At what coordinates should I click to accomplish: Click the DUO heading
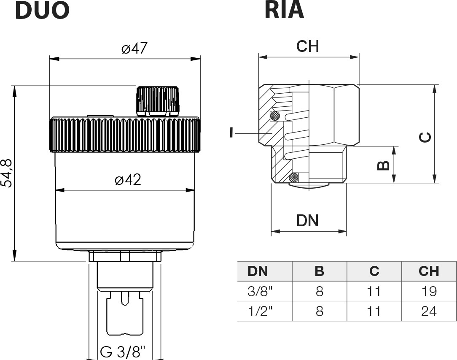coord(42,11)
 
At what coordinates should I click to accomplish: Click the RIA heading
coord(285,11)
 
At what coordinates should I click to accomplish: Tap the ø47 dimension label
coord(134,48)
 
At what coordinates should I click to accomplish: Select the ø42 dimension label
coord(128,179)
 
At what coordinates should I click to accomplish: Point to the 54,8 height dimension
coord(6,173)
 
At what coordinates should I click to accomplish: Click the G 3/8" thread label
coord(122,352)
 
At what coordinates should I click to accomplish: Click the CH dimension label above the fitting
coord(307,46)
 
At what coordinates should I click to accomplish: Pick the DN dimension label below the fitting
coord(307,221)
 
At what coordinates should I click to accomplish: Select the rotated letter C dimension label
coord(425,137)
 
